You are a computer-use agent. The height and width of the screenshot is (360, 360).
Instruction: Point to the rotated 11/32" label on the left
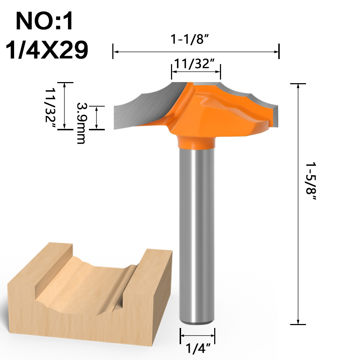click(50, 105)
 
